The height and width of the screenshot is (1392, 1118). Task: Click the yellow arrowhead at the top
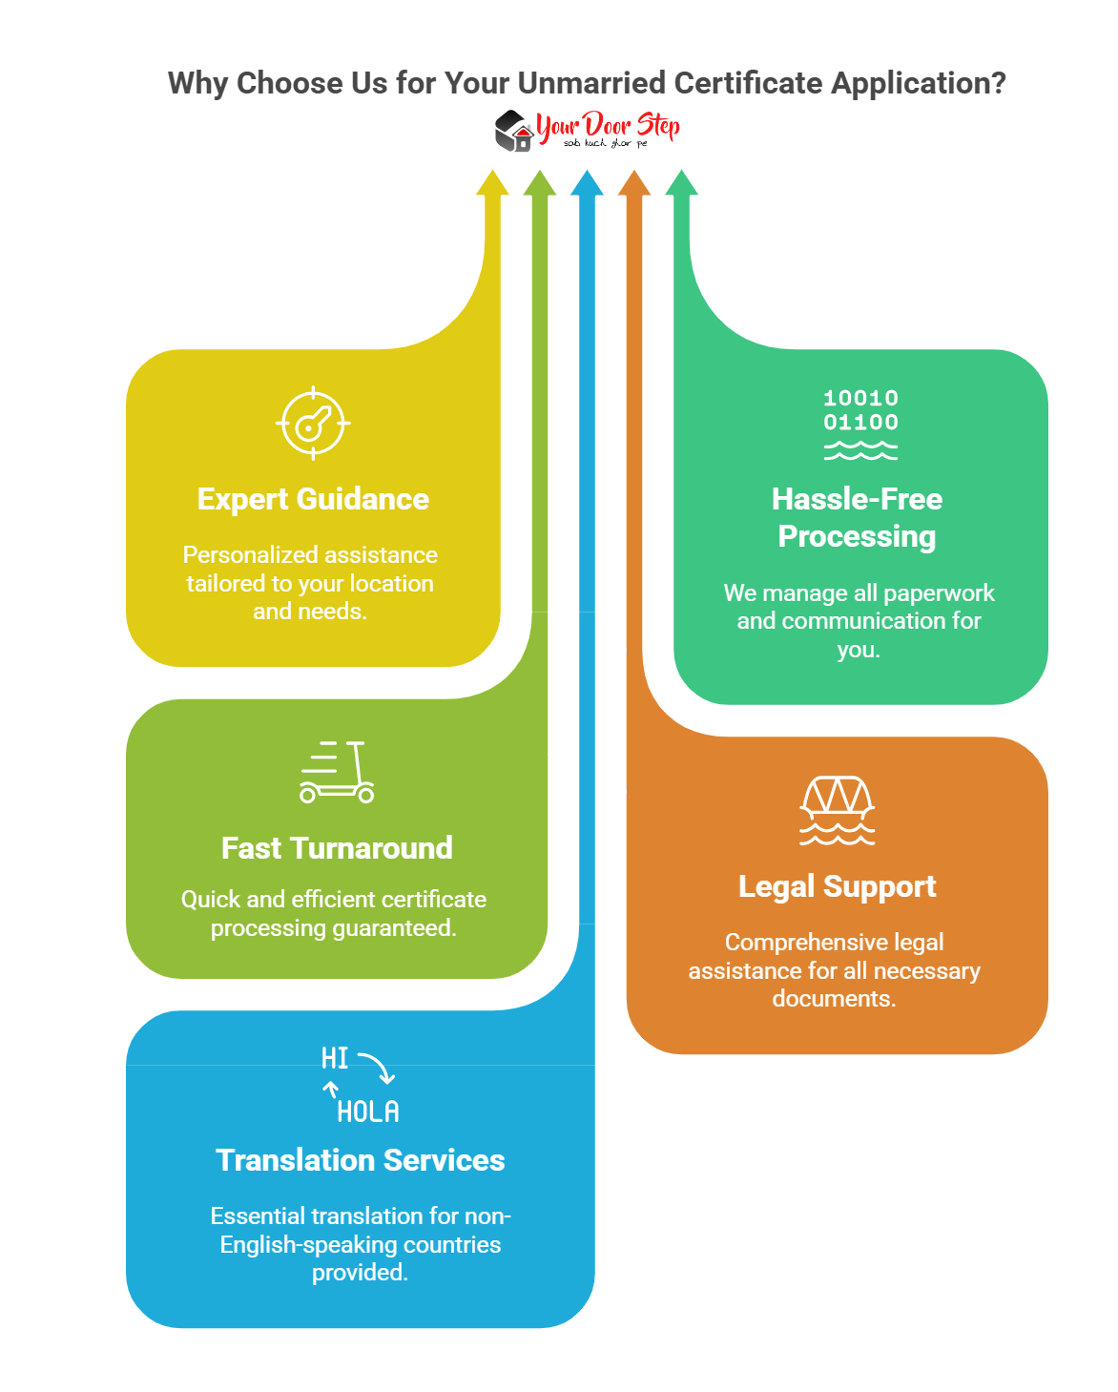(492, 183)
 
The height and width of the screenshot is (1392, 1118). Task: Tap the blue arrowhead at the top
(587, 183)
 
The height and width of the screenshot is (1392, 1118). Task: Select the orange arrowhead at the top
(634, 183)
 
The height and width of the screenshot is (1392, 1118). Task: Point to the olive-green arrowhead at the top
(540, 183)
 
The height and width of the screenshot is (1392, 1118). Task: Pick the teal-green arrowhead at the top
(681, 183)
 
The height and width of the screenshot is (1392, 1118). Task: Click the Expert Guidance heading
(313, 499)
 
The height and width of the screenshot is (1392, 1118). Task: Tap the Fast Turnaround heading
(337, 848)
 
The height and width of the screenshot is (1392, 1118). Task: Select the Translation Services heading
(361, 1160)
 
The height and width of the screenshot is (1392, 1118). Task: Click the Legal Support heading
(837, 886)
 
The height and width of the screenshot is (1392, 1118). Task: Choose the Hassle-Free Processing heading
(857, 517)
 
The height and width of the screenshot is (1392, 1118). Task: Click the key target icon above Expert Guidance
(313, 424)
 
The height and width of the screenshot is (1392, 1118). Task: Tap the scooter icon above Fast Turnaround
(337, 772)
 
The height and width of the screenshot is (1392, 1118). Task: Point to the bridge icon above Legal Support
(837, 810)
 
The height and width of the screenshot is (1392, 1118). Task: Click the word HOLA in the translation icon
(368, 1112)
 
